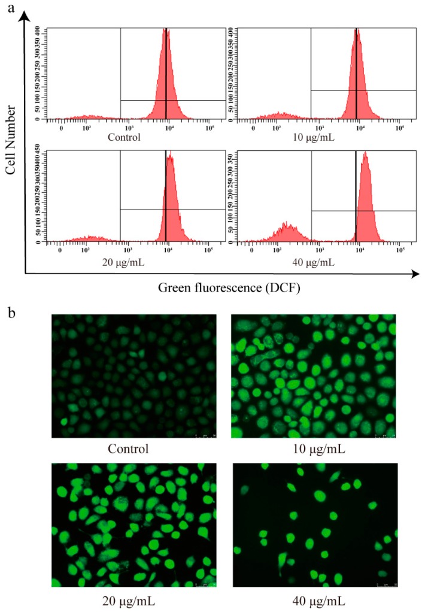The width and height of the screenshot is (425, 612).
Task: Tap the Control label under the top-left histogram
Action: click(x=125, y=137)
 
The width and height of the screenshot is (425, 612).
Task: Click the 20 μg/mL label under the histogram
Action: click(x=125, y=262)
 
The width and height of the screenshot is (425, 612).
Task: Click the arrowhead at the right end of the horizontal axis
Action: click(x=414, y=274)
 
